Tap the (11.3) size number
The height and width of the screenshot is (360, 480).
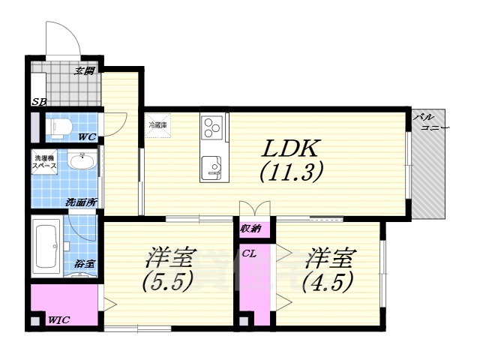pos(291,173)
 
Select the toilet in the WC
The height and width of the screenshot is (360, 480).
pos(57,127)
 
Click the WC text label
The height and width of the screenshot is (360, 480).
pos(88,138)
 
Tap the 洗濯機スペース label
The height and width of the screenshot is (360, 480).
pos(45,163)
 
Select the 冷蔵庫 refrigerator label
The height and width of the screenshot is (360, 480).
pos(158,124)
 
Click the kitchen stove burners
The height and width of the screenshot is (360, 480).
pos(212,127)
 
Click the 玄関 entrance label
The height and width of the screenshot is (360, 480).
pos(84,71)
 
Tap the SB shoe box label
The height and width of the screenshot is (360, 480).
pos(37,103)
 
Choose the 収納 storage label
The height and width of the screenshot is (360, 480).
pos(250,227)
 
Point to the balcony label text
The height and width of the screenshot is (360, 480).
pos(430,123)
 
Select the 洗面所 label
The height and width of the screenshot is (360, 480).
pos(79,202)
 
